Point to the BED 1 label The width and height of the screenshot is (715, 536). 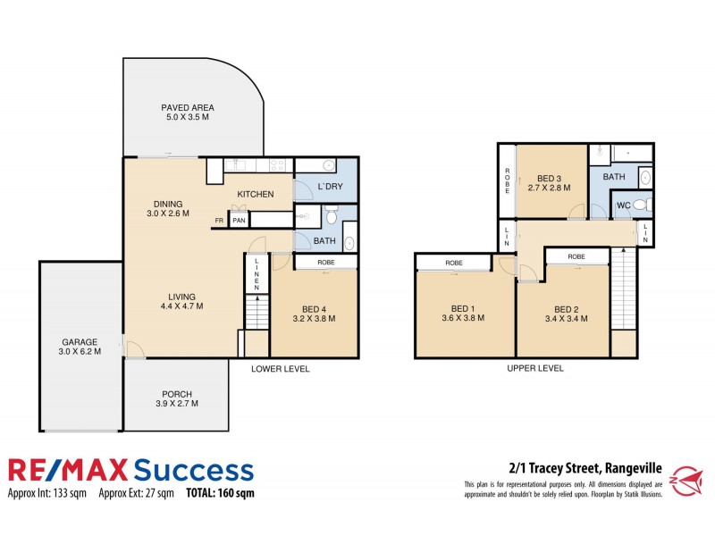pos(462,313)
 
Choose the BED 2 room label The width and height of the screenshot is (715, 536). pos(563,313)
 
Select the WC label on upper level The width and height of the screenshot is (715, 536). pos(625,206)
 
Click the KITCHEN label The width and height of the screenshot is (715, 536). pos(256,195)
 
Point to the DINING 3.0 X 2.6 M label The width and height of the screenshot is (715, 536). pos(167,208)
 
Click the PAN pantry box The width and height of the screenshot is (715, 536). pos(239,221)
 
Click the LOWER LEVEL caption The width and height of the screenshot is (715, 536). pos(280,368)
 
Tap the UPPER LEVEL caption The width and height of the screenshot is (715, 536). pos(534,368)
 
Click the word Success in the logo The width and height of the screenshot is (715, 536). pos(193,470)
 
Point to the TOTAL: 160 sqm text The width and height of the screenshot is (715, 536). pos(220,493)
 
